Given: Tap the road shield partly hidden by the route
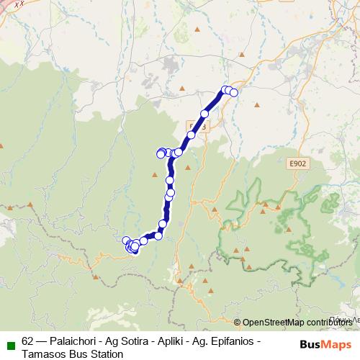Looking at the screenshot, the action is tap(200, 126).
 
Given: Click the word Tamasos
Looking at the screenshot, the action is tap(45, 354).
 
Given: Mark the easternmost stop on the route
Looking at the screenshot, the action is tap(233, 92).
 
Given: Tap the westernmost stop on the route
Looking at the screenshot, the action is tap(126, 240).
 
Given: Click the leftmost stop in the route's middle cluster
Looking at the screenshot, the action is tap(161, 153).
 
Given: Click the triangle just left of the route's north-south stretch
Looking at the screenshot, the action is tap(155, 174).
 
